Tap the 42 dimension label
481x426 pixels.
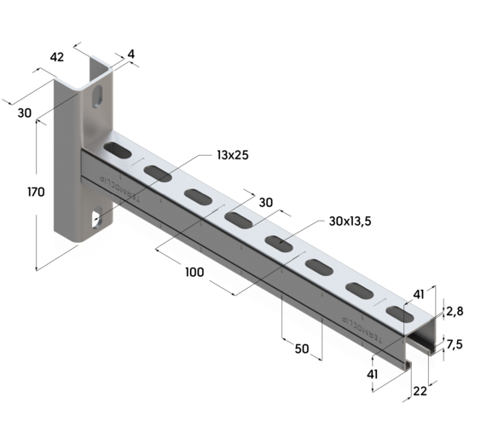click(57, 57)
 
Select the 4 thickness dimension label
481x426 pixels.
click(130, 54)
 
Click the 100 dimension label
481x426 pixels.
click(194, 272)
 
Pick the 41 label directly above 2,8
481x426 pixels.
click(418, 294)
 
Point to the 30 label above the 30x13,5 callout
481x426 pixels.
click(265, 203)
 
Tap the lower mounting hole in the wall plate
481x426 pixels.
click(95, 220)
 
